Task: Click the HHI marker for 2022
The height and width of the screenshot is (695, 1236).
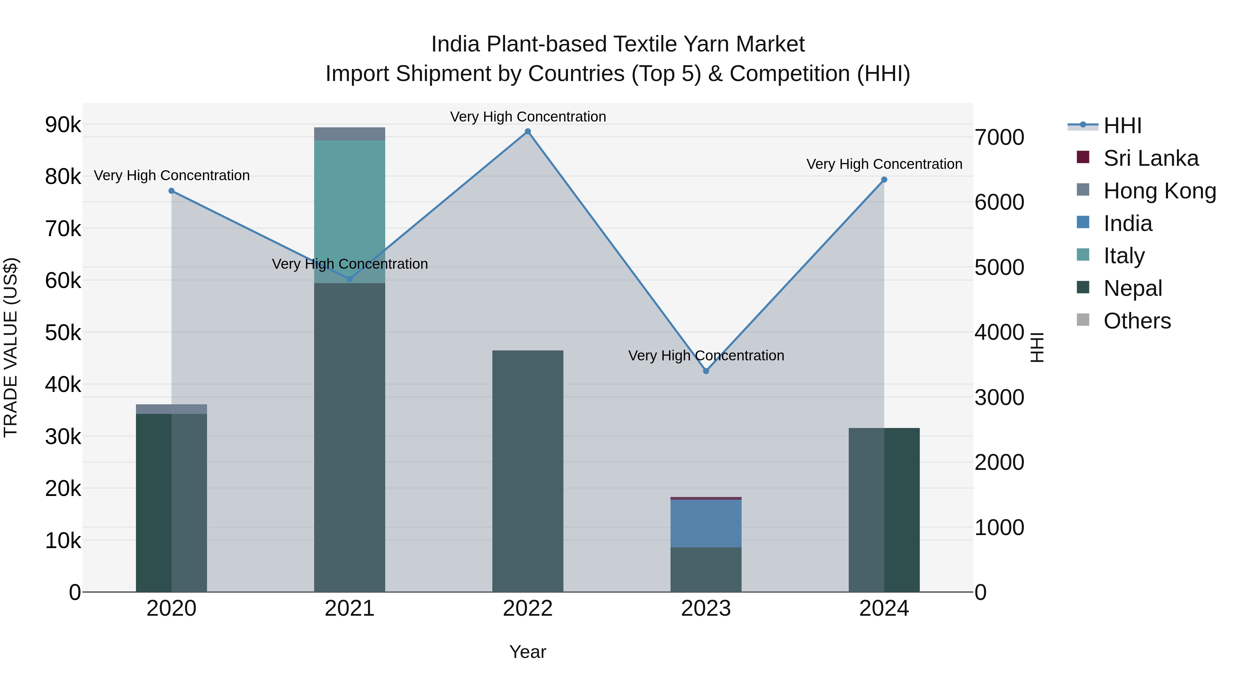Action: pos(527,131)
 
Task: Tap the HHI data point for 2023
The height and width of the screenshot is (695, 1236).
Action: pos(706,371)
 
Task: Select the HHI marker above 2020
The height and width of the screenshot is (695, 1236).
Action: pos(171,191)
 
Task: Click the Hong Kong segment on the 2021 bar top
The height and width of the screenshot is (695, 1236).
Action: pos(349,134)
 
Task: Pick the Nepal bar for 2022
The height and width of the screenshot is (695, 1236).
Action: pos(527,470)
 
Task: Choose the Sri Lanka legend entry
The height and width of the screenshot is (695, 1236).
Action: pos(1150,158)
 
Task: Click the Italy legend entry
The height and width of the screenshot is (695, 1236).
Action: pos(1123,256)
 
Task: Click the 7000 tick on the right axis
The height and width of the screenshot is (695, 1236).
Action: pos(999,137)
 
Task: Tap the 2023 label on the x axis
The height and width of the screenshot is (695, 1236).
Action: pos(706,609)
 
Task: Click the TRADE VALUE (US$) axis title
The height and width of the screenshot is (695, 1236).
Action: pos(11,347)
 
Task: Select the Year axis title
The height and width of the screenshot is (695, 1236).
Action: pos(527,652)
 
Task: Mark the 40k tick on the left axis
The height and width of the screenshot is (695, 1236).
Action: pos(63,384)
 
